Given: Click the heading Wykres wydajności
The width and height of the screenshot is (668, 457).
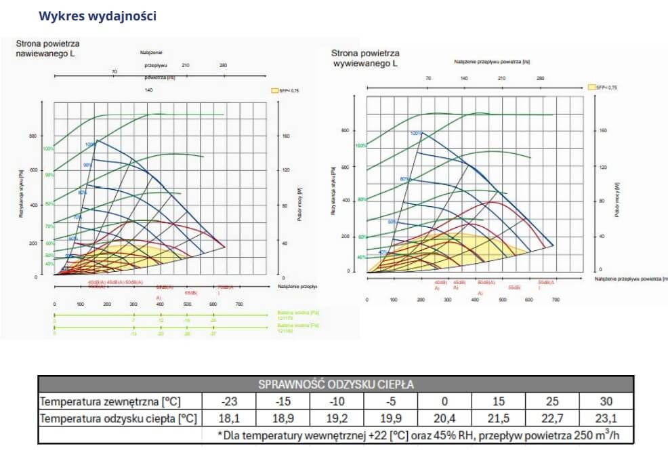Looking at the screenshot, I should tap(98, 16).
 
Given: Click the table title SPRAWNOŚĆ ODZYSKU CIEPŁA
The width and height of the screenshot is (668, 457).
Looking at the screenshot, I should tap(336, 384).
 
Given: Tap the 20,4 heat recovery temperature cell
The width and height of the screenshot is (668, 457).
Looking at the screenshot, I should tap(445, 418).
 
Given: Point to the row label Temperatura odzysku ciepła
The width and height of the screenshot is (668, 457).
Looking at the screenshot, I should tap(119, 418).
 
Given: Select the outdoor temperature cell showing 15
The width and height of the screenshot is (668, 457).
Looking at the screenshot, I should tap(499, 401).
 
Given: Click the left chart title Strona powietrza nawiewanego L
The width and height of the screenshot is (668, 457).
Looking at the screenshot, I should tap(46, 48).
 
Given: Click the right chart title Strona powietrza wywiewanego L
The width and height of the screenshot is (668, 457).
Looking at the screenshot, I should tap(364, 58).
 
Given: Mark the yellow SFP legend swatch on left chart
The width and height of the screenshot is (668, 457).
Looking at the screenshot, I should tap(275, 90).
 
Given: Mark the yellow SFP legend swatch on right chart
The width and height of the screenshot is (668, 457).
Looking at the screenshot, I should tap(592, 87).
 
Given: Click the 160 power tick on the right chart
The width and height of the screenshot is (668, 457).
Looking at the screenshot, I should tap(602, 130).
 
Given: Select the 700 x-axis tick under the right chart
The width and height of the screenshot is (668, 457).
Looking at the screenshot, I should tap(556, 299).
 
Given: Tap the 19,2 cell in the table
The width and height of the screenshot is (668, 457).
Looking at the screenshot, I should tap(337, 418).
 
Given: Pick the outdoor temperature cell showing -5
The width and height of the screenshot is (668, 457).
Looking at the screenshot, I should tap(391, 401).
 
